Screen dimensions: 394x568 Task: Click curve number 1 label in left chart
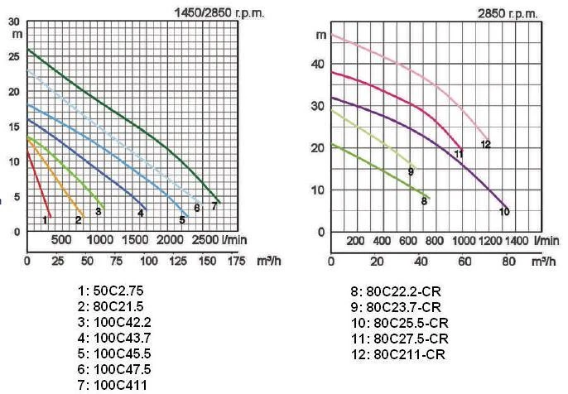(x=45, y=219)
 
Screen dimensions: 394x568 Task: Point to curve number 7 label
(x=214, y=205)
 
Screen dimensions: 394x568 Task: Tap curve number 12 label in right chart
(x=485, y=144)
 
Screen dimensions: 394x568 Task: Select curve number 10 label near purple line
(x=503, y=212)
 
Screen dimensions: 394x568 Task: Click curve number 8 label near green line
(x=423, y=200)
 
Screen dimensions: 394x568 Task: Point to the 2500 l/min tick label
(x=202, y=239)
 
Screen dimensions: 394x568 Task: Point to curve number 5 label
(x=182, y=219)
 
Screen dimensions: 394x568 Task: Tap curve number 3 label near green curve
(x=98, y=212)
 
